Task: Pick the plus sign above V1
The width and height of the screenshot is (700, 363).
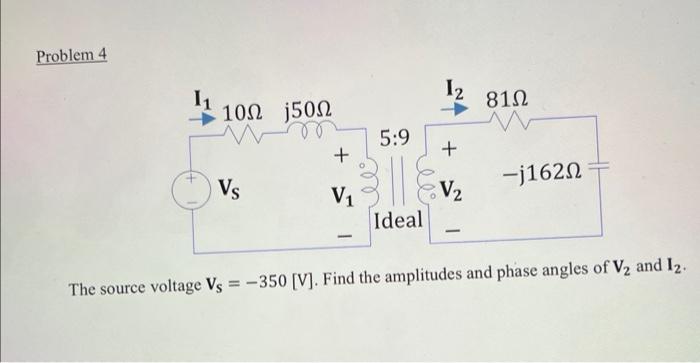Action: click(341, 155)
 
